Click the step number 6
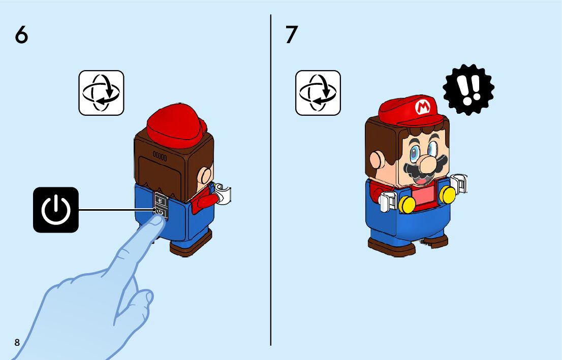(21, 35)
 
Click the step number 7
(292, 35)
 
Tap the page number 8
(17, 342)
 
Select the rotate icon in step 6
(102, 93)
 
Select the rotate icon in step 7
(318, 93)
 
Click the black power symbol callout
(56, 210)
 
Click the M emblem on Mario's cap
(423, 107)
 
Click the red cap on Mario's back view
(176, 126)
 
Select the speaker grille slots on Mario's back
(160, 156)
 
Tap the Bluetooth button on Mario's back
(160, 201)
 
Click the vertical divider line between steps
(271, 180)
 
